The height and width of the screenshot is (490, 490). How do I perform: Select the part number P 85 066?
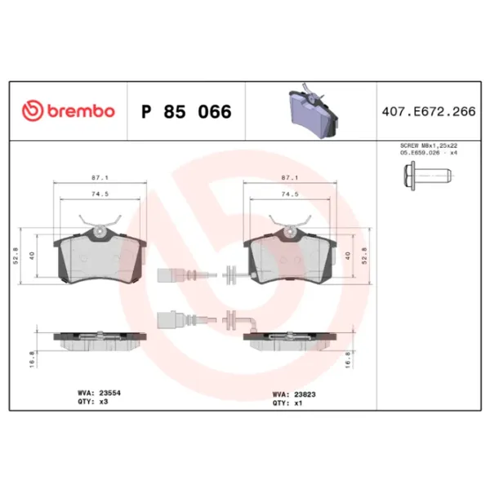(x=186, y=111)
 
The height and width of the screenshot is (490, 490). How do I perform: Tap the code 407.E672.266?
(x=429, y=111)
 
